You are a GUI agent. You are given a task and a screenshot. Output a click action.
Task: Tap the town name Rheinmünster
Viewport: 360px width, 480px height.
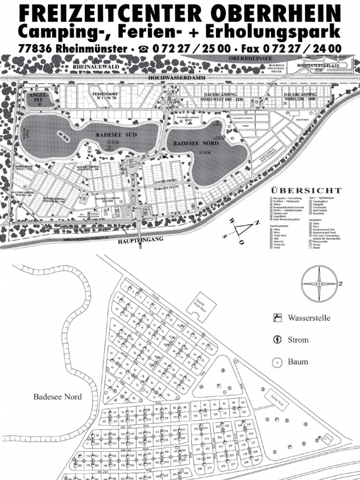click(x=94, y=48)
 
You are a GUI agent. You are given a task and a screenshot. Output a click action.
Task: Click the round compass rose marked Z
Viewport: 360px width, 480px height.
click(x=319, y=284)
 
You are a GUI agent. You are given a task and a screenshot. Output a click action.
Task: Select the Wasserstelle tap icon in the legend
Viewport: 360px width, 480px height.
click(x=277, y=318)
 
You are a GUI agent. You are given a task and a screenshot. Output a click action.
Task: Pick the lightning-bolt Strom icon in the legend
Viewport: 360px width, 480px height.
click(x=277, y=340)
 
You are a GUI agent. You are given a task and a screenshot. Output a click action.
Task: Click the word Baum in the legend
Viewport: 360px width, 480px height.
click(x=298, y=361)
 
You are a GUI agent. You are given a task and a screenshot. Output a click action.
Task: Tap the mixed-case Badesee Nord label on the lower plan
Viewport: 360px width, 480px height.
click(x=57, y=397)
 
